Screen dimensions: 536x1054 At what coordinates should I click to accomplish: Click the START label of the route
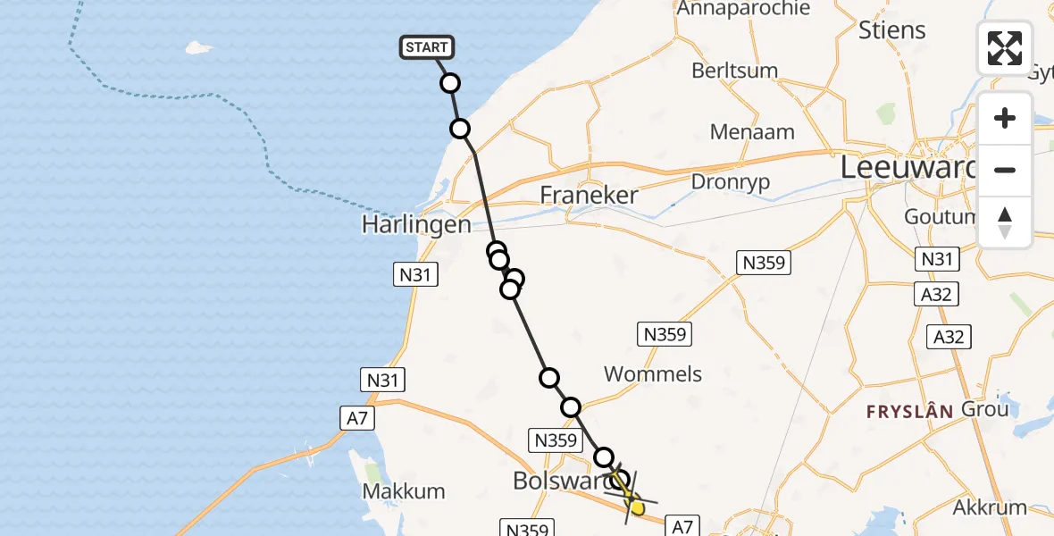click(427, 47)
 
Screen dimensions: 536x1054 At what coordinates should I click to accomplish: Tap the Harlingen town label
click(416, 224)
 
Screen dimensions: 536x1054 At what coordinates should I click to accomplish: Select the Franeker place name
click(590, 196)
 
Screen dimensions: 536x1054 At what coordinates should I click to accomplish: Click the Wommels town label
click(653, 373)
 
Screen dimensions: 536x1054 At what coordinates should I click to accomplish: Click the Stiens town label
click(891, 29)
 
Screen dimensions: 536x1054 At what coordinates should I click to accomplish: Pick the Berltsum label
click(734, 70)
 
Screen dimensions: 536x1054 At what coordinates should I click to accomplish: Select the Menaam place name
click(752, 132)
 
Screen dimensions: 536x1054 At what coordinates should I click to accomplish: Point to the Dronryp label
click(731, 181)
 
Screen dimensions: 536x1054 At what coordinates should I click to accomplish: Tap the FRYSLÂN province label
click(910, 412)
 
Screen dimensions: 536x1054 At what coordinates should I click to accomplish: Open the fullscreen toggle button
click(1005, 48)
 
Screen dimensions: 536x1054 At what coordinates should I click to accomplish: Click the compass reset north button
click(1005, 222)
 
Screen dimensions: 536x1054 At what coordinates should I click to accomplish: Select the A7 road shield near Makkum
click(357, 418)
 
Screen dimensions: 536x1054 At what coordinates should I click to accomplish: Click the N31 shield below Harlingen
click(415, 275)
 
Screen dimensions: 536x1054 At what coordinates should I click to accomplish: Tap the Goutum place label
click(938, 217)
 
